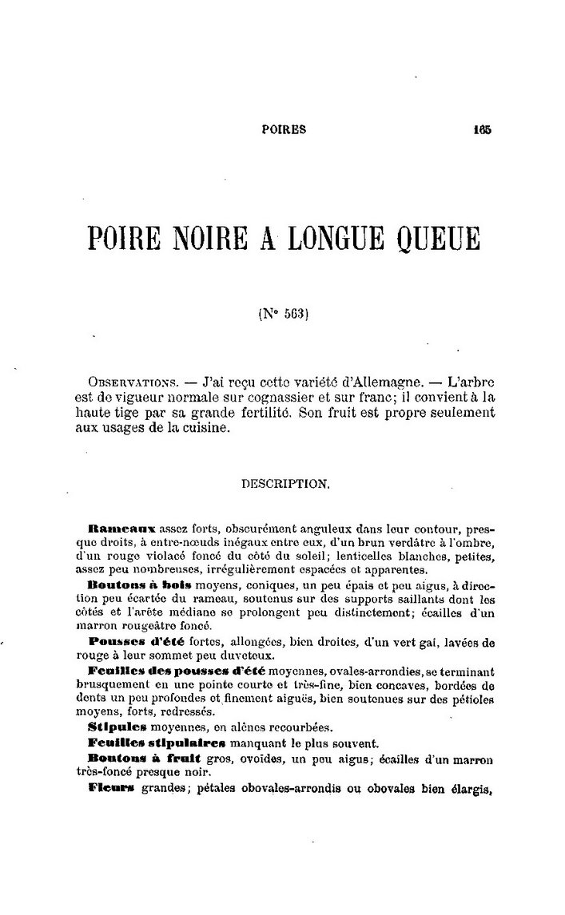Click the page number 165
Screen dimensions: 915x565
tap(481, 129)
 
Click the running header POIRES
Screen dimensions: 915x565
tap(284, 129)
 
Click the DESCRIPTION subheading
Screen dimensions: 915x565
tap(283, 484)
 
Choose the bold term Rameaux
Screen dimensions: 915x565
tap(132, 529)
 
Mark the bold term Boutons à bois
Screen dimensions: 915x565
tap(139, 584)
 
